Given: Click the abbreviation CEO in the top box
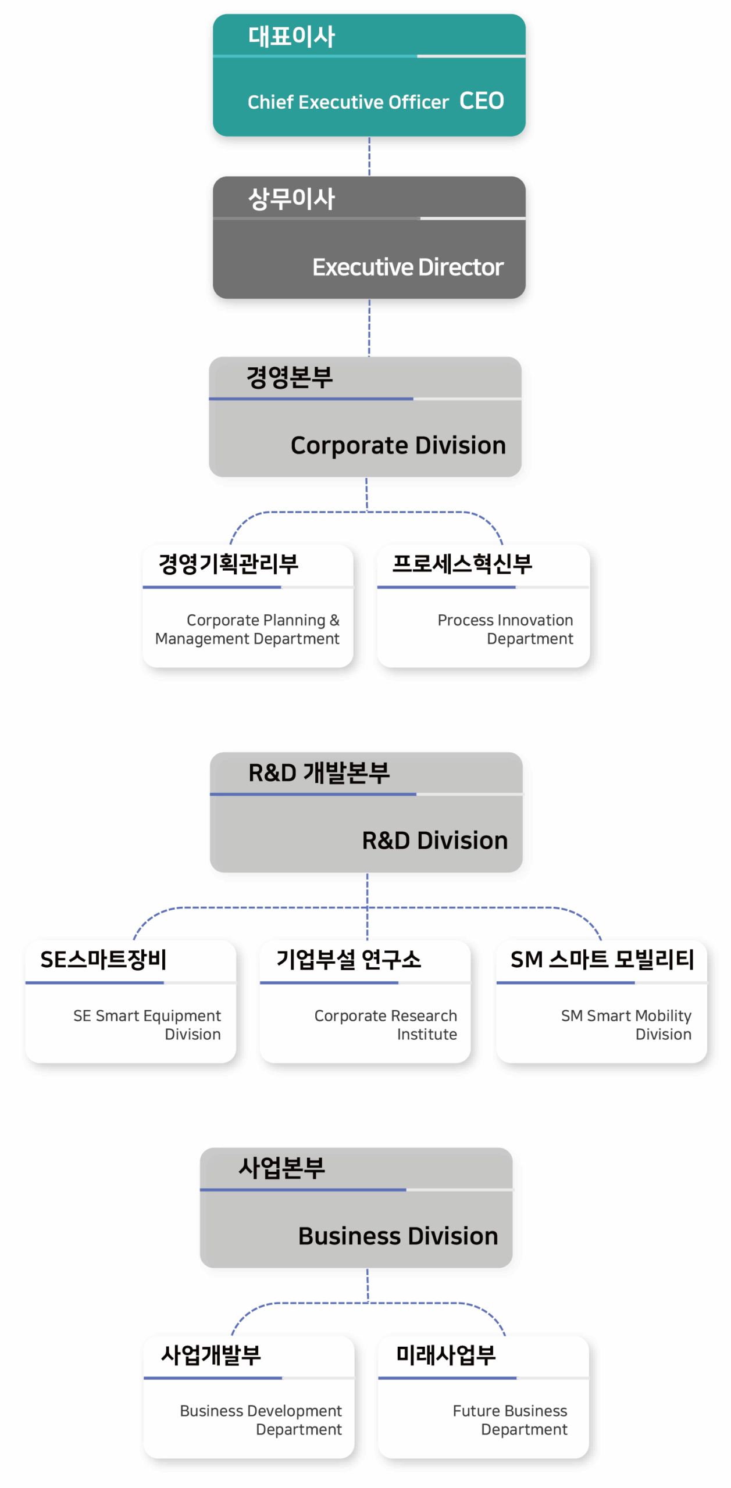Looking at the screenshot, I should pos(482,101).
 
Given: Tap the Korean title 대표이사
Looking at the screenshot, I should pos(291,37).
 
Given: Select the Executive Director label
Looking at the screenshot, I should pos(408,267).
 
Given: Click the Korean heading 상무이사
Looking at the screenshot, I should pos(291,199).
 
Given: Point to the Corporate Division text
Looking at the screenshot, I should pos(398,446).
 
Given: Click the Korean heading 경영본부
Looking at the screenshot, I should pos(289,377).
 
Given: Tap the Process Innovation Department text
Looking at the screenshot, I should pos(505,629).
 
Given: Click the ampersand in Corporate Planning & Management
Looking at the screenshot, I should pos(334,620).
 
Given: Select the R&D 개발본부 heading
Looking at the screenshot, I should pos(319,773).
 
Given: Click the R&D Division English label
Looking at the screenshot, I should pos(434,841).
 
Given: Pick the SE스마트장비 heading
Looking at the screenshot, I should pos(103,960).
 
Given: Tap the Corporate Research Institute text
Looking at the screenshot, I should pos(386,1025).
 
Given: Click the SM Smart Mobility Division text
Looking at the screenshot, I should pos(626,1025).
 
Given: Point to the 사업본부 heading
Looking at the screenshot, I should pos(281,1168).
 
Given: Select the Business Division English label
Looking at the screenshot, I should pos(398,1236).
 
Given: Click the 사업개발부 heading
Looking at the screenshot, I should pos(211,1355).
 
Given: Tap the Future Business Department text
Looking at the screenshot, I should pos(510,1420).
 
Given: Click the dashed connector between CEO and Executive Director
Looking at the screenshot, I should pos(369,156).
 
